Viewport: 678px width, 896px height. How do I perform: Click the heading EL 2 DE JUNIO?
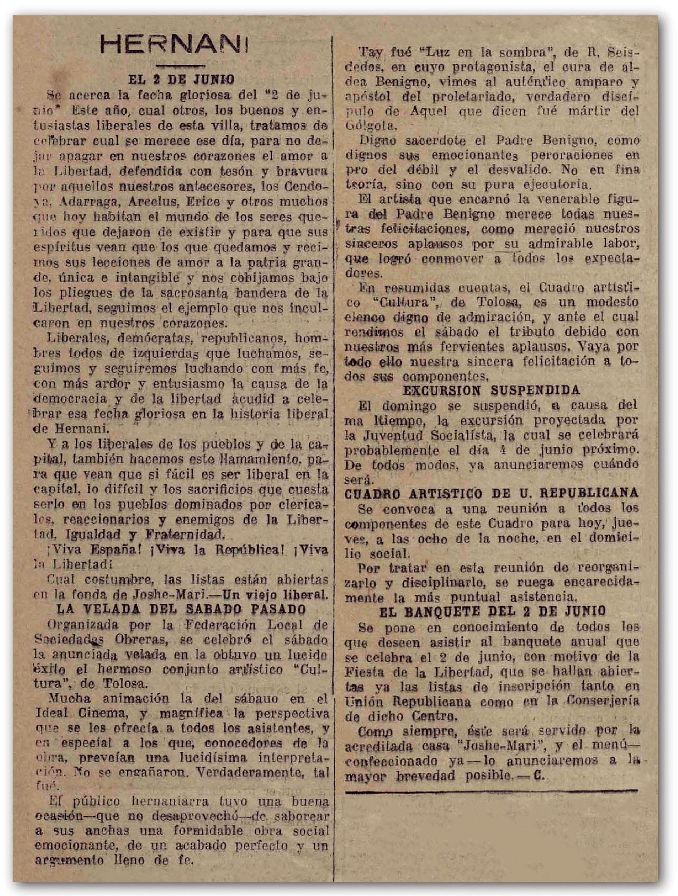(x=181, y=80)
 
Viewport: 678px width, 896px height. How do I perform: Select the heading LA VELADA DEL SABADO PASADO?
(x=181, y=609)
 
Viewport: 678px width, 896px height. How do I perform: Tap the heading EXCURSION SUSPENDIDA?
(x=491, y=390)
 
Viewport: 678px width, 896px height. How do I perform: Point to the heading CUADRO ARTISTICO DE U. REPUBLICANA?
(x=491, y=493)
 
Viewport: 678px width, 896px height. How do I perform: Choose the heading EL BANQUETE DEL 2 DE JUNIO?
(x=492, y=612)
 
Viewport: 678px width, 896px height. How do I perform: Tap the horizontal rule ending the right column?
(x=492, y=791)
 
